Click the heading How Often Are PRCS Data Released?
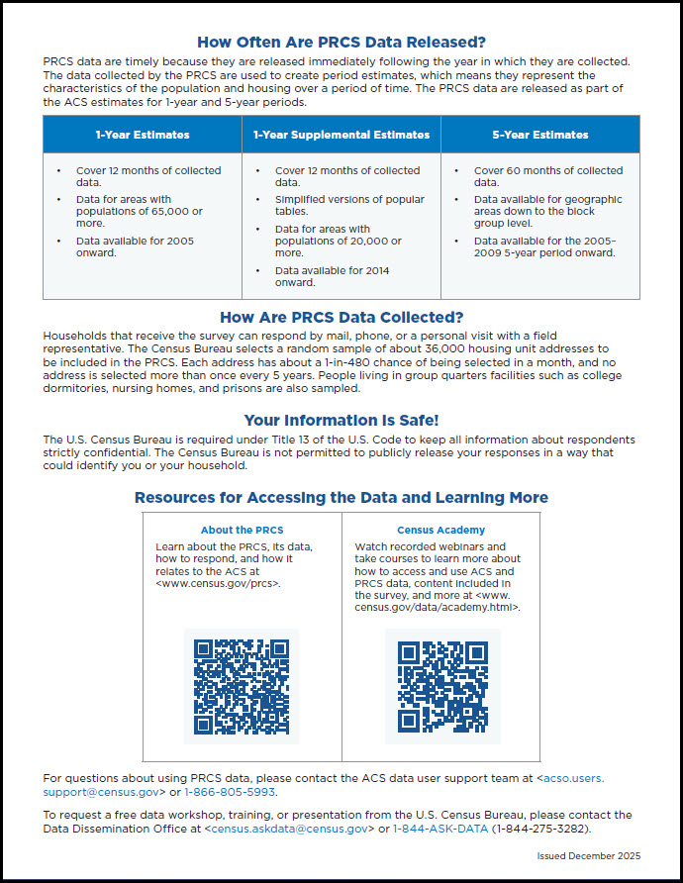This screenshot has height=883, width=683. [341, 42]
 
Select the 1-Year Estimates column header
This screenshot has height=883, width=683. [143, 135]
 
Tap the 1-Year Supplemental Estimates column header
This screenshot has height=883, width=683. [341, 135]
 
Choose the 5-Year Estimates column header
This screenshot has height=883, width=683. [539, 135]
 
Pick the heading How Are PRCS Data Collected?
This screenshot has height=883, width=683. [341, 318]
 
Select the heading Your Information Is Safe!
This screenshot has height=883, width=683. [341, 420]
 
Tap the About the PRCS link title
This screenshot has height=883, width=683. [242, 530]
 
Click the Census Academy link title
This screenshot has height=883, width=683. [441, 530]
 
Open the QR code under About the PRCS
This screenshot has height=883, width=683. [242, 685]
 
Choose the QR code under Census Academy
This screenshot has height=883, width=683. [442, 685]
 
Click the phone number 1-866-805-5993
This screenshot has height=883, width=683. [231, 792]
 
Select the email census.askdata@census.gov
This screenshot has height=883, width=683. [287, 829]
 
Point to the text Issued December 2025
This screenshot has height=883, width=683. [589, 855]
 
